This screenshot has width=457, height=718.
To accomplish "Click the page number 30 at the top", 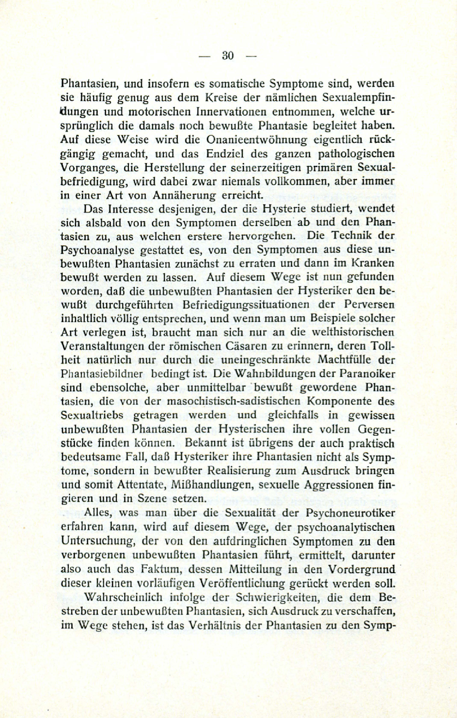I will pos(228,56).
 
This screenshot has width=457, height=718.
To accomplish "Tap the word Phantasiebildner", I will pos(102,374).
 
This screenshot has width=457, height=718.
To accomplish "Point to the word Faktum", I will pos(158,569).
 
